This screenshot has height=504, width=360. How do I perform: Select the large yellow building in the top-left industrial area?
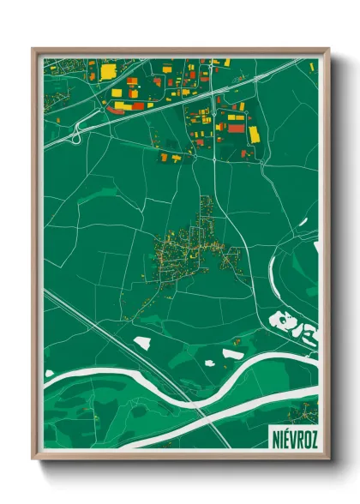(x=107, y=72)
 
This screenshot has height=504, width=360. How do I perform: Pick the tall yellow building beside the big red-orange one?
(x=255, y=135)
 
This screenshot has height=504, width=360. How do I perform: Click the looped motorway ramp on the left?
(x=77, y=133)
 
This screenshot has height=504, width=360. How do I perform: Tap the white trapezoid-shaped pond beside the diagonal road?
(x=141, y=342)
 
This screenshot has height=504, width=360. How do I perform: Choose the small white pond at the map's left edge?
(x=49, y=374)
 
